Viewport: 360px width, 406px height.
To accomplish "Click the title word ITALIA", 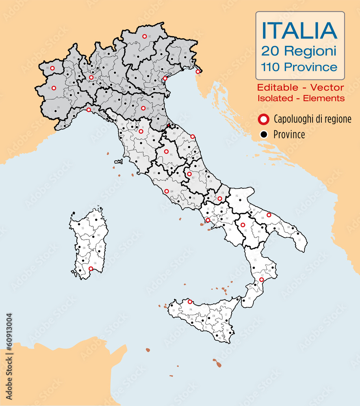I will (299, 30).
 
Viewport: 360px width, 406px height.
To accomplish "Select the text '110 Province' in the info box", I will (299, 67).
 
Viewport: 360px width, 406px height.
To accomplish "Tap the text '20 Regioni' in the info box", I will (299, 51).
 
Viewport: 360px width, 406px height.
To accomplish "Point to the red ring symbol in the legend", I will (264, 119).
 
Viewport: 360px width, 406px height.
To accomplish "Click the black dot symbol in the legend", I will (264, 135).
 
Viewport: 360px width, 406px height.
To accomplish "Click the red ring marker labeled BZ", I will (144, 36).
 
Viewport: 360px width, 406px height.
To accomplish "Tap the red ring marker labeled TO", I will (54, 88).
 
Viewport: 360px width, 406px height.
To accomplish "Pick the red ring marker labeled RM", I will (167, 191).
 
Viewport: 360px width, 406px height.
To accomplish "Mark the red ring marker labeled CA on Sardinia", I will (91, 268).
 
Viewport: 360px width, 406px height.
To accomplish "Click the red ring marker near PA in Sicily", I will (190, 302).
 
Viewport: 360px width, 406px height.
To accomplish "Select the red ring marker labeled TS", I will (197, 71).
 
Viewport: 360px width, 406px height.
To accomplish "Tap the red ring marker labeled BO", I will (143, 108).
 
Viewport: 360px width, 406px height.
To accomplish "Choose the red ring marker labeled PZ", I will (243, 225).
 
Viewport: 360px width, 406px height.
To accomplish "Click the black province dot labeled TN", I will (139, 56).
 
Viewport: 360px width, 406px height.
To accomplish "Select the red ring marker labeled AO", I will (52, 68).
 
